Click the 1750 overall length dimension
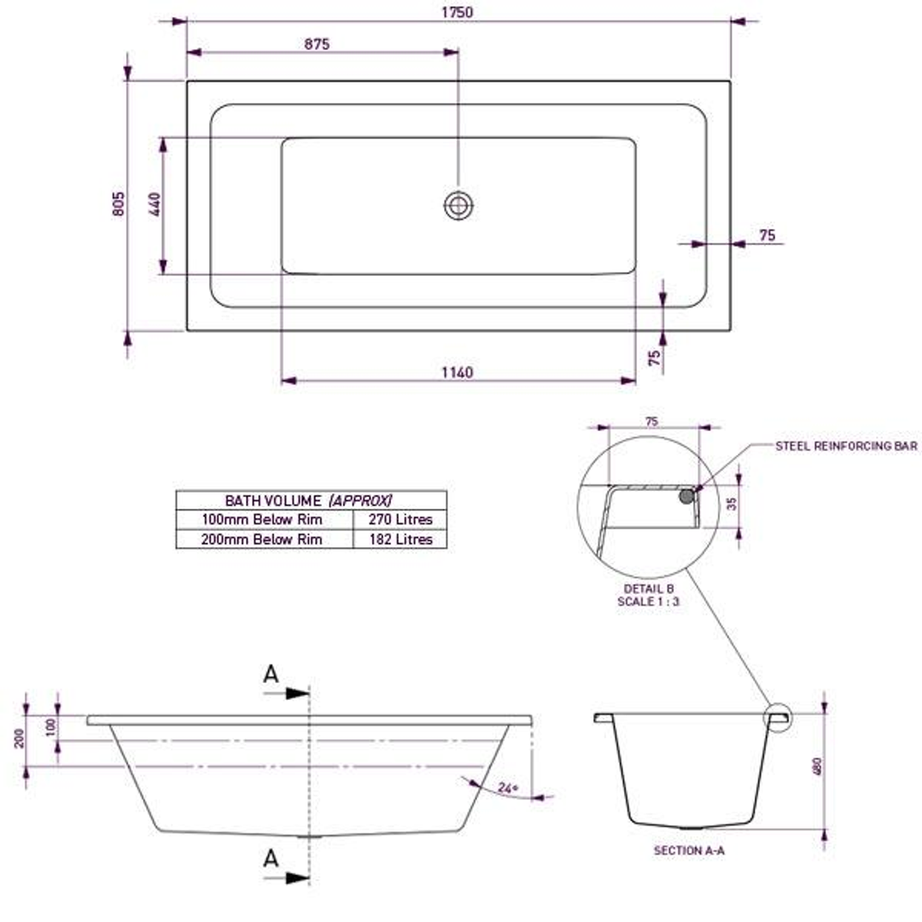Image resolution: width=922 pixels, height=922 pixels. [458, 12]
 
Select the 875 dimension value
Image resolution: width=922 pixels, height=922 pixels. [316, 44]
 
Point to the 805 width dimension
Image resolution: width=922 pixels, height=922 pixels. [120, 203]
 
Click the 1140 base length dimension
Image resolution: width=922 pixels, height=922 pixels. [458, 372]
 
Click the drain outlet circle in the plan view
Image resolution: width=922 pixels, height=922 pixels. [458, 205]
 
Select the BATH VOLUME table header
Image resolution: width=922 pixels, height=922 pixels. [310, 500]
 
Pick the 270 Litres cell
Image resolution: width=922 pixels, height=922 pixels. [400, 519]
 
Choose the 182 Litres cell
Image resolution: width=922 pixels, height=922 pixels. [400, 540]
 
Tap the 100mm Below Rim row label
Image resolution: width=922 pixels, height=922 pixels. [262, 519]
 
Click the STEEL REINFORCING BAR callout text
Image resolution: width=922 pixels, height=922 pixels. [846, 446]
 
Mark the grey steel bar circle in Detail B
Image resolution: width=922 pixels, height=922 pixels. [686, 495]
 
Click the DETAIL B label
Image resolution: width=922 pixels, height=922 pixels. [649, 589]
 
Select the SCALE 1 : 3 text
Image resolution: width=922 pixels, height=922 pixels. [649, 601]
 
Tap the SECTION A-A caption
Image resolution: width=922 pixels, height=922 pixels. [689, 850]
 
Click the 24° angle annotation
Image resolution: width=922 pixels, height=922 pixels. [509, 790]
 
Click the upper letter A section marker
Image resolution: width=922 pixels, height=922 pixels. [271, 675]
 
